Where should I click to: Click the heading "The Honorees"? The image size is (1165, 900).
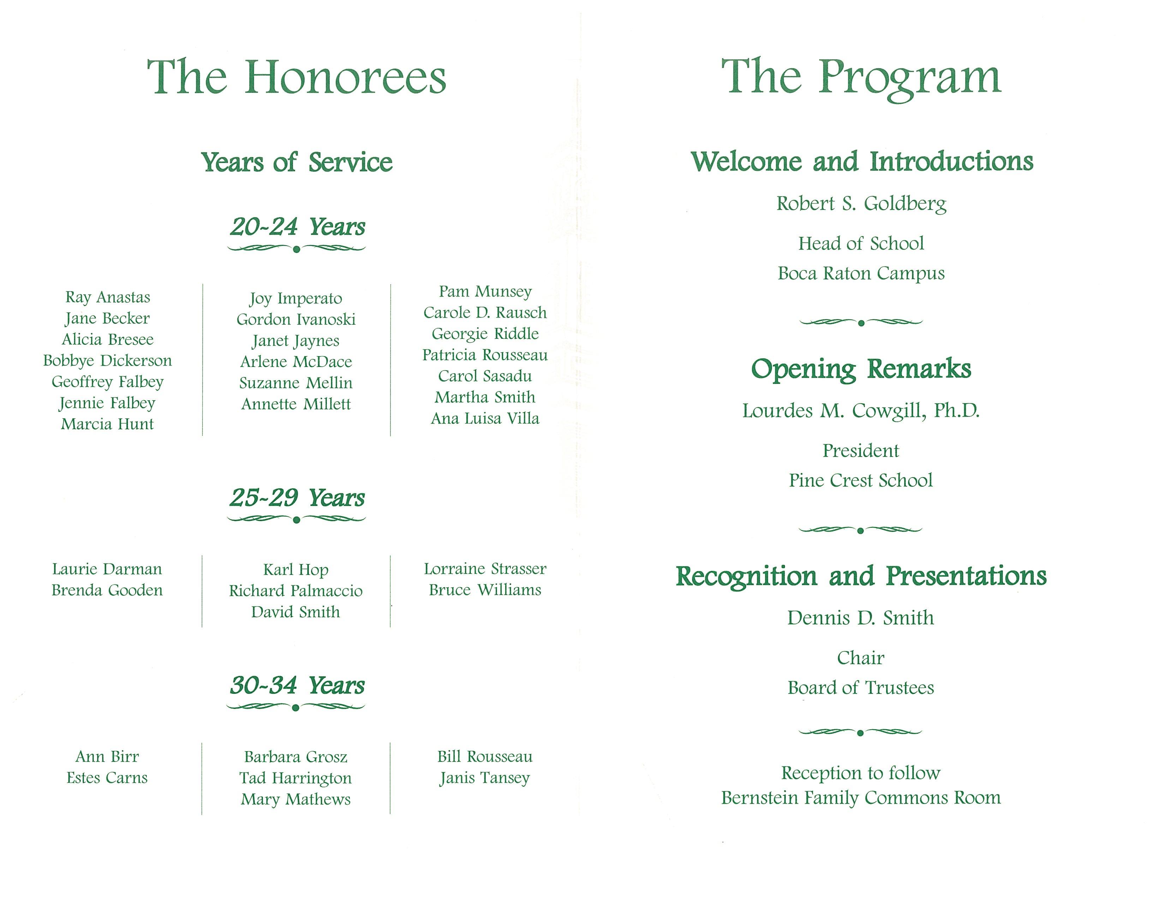(x=296, y=78)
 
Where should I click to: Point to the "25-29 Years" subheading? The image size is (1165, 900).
(x=297, y=498)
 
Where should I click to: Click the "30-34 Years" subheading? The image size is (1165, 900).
(x=297, y=686)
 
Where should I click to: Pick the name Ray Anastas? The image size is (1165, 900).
(x=108, y=297)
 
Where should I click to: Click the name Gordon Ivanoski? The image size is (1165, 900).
(x=296, y=319)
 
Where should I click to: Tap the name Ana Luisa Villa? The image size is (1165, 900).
(x=485, y=419)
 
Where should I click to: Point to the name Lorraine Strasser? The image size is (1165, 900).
(x=485, y=569)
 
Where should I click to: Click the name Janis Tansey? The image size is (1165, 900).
(x=485, y=779)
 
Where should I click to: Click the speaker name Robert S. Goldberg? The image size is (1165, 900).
(x=861, y=204)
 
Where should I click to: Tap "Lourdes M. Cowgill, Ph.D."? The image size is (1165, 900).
(x=861, y=410)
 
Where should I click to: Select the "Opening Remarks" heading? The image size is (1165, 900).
(x=861, y=369)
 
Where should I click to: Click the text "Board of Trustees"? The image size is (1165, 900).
(x=861, y=688)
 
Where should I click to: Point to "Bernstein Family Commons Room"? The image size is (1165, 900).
(x=861, y=798)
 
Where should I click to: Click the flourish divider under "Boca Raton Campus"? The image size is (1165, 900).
(x=861, y=322)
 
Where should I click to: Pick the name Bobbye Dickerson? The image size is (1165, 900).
(x=108, y=361)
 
